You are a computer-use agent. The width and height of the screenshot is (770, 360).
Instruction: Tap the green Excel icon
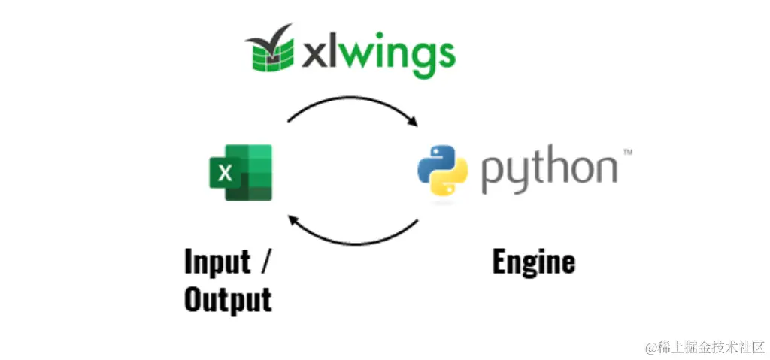pos(240,173)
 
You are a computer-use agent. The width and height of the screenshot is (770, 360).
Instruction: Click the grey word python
pos(548,169)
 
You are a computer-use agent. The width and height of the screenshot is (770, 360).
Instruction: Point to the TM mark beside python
pos(627,153)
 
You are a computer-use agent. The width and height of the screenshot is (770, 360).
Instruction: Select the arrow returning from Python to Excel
pos(353,239)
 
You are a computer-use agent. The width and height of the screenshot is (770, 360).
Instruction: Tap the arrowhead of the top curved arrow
pos(411,122)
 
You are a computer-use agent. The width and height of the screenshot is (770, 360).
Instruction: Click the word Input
pos(217,263)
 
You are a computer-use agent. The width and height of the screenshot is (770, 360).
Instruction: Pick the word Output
pos(228,299)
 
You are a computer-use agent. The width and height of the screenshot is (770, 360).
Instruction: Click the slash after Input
pos(265,263)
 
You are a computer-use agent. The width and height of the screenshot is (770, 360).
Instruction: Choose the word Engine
pos(533,262)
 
